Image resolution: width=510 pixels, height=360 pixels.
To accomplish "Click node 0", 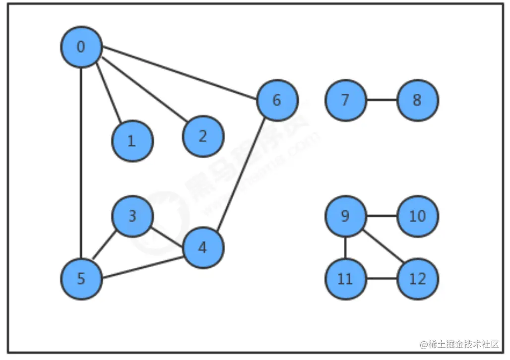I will pos(81,47).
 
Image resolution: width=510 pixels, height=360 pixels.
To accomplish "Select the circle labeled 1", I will pos(132,141).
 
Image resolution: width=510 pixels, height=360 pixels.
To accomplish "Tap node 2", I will pos(203,136).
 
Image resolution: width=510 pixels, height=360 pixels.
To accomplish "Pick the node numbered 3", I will pos(132,216).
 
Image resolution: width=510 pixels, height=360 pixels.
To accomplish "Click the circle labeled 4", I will pos(203,248).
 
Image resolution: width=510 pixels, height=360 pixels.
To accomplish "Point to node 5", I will pos(81,279).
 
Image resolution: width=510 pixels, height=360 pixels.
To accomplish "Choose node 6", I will pos(277,100).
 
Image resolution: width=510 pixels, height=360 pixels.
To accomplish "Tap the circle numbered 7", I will pos(345,100).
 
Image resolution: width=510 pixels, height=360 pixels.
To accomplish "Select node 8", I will pos(417,100).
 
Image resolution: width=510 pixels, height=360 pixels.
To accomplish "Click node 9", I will pos(345,216).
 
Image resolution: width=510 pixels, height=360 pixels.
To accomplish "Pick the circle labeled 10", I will pos(417,216).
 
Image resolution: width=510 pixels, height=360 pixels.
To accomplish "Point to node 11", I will pos(345,279).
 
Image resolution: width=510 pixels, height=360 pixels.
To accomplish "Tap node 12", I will pos(417,279).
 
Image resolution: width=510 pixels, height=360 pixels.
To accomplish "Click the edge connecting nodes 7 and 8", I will pos(382,100).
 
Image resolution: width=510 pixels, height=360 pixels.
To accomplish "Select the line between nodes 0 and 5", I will pos(81,164).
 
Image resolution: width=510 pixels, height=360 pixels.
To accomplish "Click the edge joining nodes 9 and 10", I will pos(382,216).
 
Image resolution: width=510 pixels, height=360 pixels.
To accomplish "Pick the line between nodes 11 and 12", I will pos(382,279).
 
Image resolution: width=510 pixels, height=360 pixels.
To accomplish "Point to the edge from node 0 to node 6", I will pos(179,73).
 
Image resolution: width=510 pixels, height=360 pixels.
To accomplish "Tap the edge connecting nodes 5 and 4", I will pos(142,263).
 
